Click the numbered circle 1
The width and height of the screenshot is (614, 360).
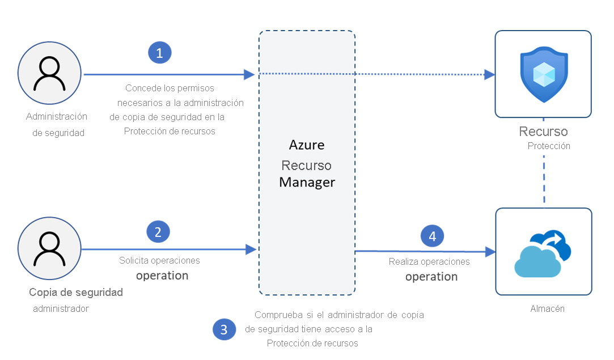point(159,53)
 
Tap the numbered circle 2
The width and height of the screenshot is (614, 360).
point(158,231)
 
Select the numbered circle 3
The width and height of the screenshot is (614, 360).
point(224,330)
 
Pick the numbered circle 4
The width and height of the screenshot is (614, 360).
point(433,236)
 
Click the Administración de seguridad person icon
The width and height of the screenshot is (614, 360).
point(50,74)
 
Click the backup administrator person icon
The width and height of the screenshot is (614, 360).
point(50,249)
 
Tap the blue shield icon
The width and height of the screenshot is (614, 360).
point(543,74)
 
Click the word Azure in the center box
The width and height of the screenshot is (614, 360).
point(307,145)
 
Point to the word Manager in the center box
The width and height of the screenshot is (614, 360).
point(307,183)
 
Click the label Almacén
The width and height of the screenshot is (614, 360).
point(548,309)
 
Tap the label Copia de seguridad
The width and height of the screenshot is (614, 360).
point(76,293)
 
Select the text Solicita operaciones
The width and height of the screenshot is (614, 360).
point(159,261)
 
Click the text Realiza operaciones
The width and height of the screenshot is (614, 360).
point(429,262)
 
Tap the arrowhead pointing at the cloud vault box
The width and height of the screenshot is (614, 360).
point(489,251)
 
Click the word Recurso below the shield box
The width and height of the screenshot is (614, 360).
point(543,132)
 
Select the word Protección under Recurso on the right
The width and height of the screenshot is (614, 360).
point(549,146)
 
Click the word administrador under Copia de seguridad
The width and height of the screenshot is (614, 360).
point(61,309)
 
